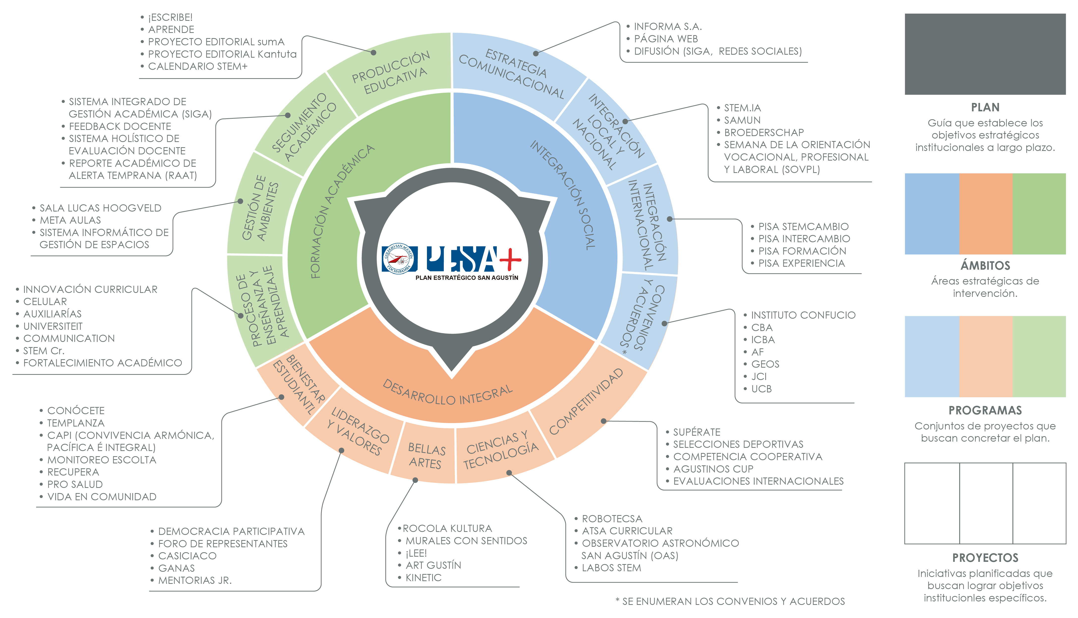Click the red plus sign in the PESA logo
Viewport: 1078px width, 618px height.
coord(510,259)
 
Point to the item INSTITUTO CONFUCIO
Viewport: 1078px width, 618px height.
coord(803,315)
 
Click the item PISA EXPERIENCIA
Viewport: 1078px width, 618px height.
coord(801,263)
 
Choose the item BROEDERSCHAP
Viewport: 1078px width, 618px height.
coord(764,132)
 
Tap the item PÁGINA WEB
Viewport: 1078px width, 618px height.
coord(666,39)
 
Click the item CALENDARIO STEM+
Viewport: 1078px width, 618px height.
coord(198,66)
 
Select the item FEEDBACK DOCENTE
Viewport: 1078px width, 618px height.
coord(120,126)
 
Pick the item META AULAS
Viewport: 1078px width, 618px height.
coord(70,220)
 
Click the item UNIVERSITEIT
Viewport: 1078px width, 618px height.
coord(53,326)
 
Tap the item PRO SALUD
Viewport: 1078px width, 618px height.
coord(75,484)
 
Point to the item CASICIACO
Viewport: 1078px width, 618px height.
coord(187,556)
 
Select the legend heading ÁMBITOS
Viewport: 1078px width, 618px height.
coord(985,266)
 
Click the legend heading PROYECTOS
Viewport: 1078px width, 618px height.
coord(985,558)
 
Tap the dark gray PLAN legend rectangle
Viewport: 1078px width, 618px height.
coord(985,54)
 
